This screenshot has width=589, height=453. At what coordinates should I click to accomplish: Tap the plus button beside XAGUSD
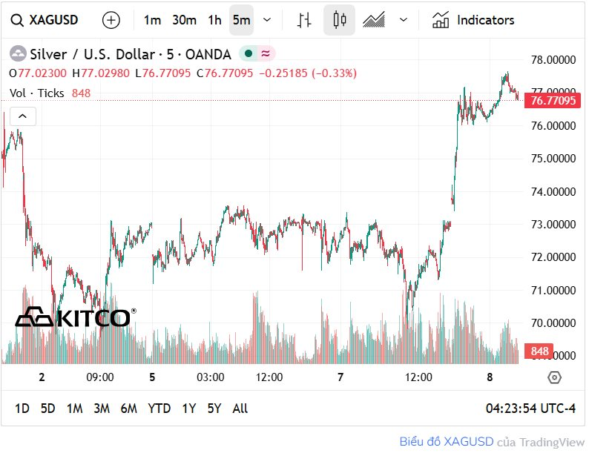(111, 20)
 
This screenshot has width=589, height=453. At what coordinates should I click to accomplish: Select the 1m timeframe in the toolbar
(152, 20)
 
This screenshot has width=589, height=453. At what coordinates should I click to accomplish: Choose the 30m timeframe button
(184, 20)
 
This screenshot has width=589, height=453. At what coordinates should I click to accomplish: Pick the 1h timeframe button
(214, 20)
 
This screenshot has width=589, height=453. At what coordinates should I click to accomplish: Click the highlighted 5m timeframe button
(241, 20)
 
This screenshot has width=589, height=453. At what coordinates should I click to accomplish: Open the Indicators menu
(473, 20)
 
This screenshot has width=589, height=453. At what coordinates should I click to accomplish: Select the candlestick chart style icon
(340, 20)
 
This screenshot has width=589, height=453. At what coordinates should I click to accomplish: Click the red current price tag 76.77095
(550, 101)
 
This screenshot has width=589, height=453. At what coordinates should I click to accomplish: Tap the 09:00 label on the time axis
(99, 377)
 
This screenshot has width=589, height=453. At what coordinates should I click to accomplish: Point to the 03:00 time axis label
(210, 377)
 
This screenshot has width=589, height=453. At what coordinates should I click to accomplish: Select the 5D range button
(47, 409)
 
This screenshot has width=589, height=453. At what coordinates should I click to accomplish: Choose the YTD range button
(159, 409)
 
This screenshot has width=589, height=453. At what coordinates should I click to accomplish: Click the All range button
(240, 409)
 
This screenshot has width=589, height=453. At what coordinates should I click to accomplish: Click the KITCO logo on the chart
(73, 317)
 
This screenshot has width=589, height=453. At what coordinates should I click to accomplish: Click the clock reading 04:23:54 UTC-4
(530, 409)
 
